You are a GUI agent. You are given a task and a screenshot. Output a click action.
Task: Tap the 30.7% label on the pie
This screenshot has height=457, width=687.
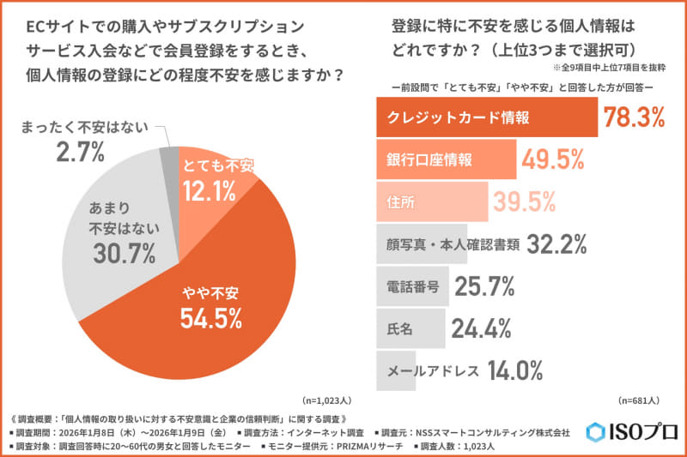pyautogui.click(x=123, y=254)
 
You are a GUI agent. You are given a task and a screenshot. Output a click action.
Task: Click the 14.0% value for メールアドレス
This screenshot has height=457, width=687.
pyautogui.click(x=515, y=370)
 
